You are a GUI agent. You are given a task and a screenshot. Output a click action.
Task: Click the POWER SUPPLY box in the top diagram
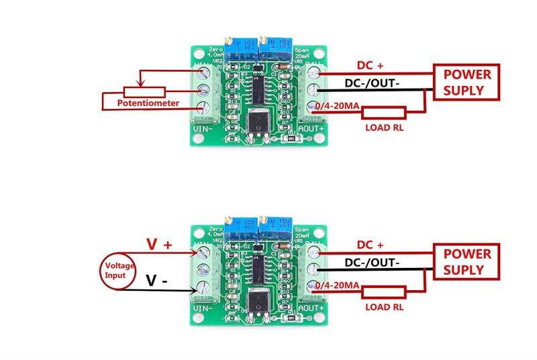(467, 82)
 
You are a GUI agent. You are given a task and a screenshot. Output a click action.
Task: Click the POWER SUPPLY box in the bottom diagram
(467, 262)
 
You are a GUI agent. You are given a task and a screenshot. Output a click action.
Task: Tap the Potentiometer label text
(148, 103)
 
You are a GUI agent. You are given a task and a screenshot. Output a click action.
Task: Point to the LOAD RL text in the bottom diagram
(383, 307)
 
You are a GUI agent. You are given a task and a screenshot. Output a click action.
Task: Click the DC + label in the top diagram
(370, 65)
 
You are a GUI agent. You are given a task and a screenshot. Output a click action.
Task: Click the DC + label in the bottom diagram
(370, 244)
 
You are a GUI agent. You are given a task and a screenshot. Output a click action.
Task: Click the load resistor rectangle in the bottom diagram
(384, 291)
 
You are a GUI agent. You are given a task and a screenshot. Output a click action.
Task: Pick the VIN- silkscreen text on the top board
(203, 127)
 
